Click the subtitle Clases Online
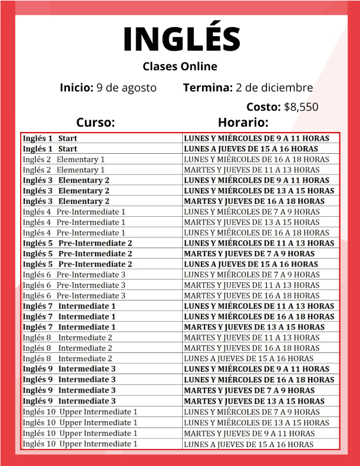(180, 67)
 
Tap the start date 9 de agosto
(126, 88)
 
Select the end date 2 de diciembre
(274, 88)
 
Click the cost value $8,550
(301, 107)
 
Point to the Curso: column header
(95, 123)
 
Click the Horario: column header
(243, 123)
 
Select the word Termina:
(207, 88)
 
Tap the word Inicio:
(77, 88)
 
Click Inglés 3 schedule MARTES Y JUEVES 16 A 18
(254, 201)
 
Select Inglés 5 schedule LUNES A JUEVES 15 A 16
(251, 265)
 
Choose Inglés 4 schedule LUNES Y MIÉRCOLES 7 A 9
(252, 212)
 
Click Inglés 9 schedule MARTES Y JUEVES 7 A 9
(249, 391)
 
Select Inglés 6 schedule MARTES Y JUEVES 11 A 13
(252, 285)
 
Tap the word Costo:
(263, 107)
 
